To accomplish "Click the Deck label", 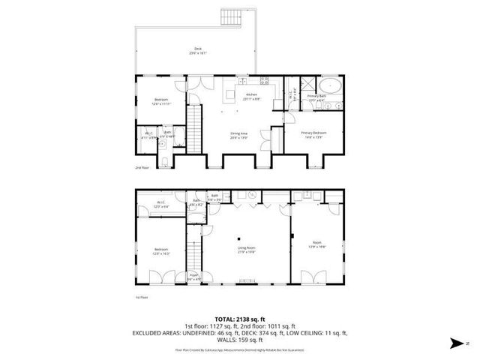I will coord(197,52).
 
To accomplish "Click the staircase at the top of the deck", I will coord(229,16).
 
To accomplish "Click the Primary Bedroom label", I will coord(313,134).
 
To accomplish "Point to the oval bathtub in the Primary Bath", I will coord(330,85).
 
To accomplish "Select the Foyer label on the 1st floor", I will coord(193,276).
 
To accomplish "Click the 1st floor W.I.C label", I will coord(161,204).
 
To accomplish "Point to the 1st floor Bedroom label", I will coord(161,251).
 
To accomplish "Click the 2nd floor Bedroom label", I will coord(161,101).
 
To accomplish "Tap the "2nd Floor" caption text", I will coord(142,168).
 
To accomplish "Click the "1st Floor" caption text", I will coord(141,298).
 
